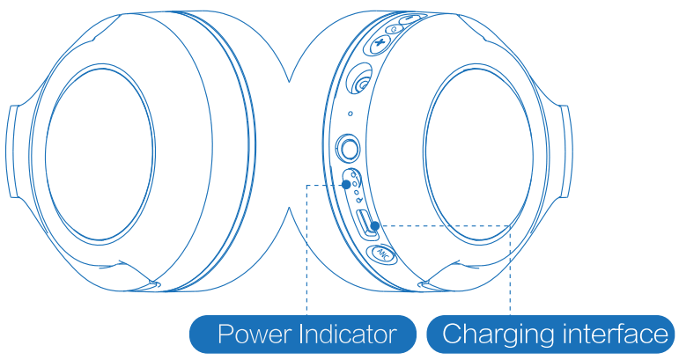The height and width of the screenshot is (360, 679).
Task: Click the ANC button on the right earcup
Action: click(382, 254)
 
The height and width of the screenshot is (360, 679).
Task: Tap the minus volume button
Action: click(410, 18)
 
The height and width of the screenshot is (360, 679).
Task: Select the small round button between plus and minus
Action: click(395, 28)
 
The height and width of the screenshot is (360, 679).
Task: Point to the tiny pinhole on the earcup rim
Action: click(351, 113)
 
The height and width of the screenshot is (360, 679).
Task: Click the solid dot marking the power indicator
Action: click(346, 186)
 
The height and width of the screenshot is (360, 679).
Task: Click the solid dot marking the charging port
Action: click(375, 226)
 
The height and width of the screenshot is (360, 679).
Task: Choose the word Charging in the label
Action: click(497, 335)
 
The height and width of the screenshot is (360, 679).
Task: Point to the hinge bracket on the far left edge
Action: click(14, 150)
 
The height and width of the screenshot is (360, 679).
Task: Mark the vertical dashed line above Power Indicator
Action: click(306, 255)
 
